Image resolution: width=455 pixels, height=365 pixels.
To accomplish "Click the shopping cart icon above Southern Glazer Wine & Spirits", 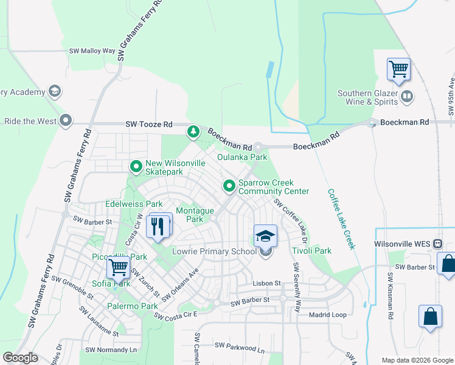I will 398,69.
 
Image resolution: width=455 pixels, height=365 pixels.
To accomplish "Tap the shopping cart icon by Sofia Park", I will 118,267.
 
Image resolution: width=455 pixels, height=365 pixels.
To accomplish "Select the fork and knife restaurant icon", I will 158,226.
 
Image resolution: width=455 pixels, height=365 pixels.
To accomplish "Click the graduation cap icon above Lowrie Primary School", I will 265,235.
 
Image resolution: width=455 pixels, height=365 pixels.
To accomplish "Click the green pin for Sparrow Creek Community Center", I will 229,185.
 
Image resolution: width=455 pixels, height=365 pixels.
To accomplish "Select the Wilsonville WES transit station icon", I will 437,244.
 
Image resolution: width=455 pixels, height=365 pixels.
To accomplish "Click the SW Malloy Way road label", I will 92,52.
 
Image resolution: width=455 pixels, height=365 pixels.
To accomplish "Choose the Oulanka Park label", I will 242,157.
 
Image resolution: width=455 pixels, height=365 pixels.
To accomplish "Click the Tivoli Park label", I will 311,251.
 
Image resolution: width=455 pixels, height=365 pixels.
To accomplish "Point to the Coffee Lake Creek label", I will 341,219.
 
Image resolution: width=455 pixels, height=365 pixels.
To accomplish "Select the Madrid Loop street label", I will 327,315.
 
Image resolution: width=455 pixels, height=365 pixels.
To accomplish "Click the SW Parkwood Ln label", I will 243,348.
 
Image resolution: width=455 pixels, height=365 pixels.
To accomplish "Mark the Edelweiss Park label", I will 134,204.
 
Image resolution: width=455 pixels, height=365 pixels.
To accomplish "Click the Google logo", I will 21,358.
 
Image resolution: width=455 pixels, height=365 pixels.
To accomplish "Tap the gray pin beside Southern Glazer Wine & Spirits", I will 407,96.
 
